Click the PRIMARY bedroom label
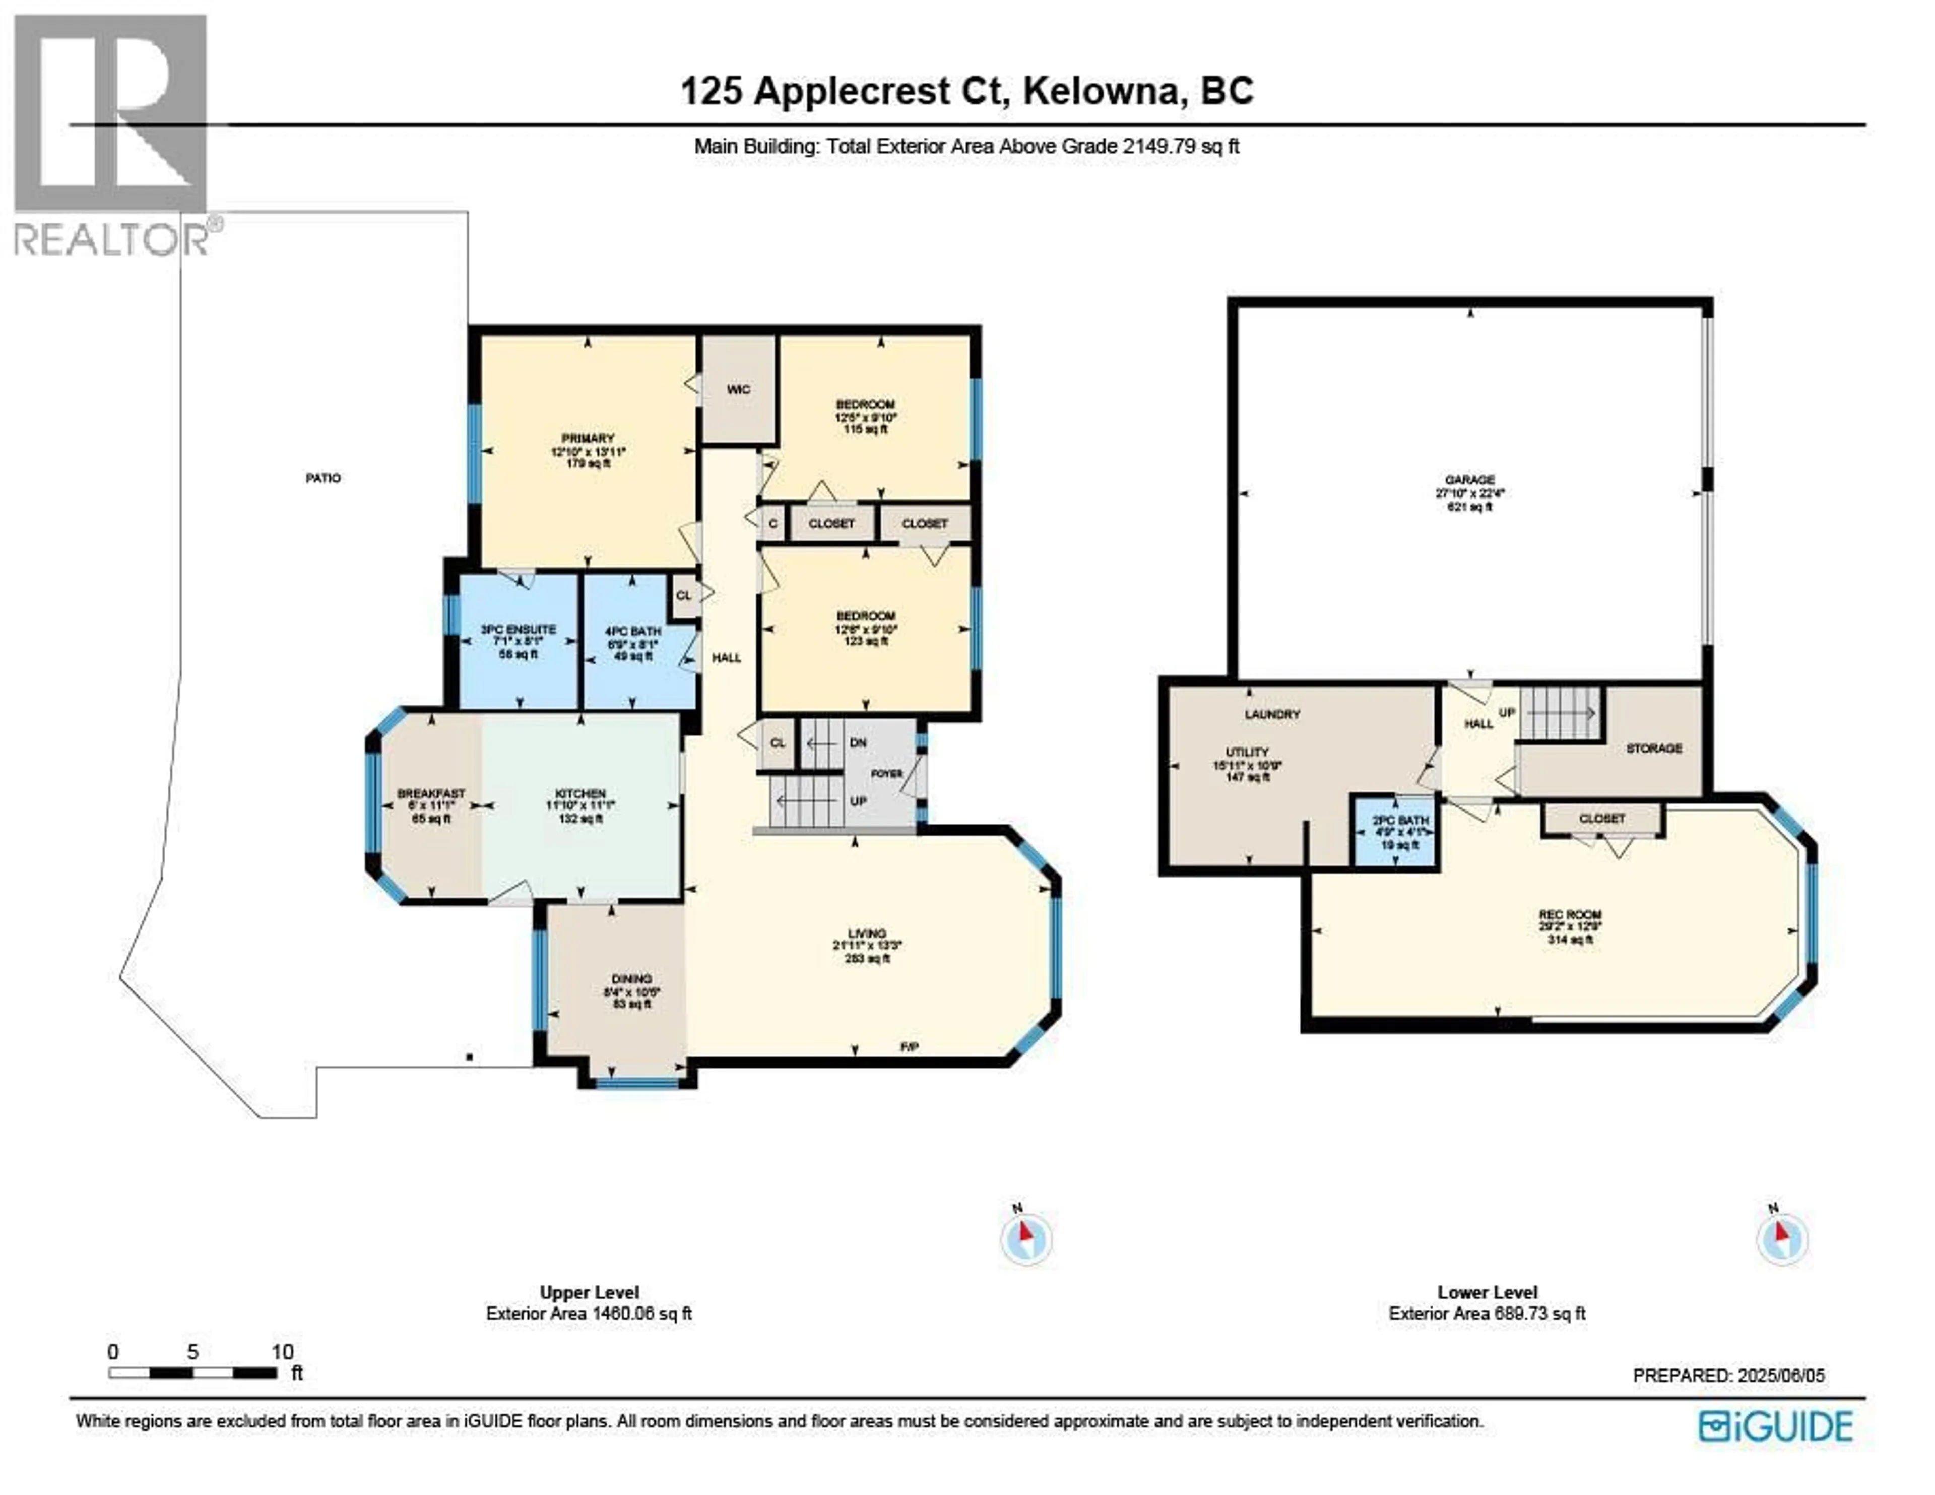(x=588, y=439)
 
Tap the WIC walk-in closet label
(x=738, y=389)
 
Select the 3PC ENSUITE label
(x=519, y=629)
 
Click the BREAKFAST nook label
(x=431, y=794)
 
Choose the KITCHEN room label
(x=580, y=794)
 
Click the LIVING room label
(x=867, y=933)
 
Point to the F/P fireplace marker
(x=909, y=1046)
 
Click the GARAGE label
(x=1470, y=479)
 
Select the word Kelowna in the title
(x=1105, y=91)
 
